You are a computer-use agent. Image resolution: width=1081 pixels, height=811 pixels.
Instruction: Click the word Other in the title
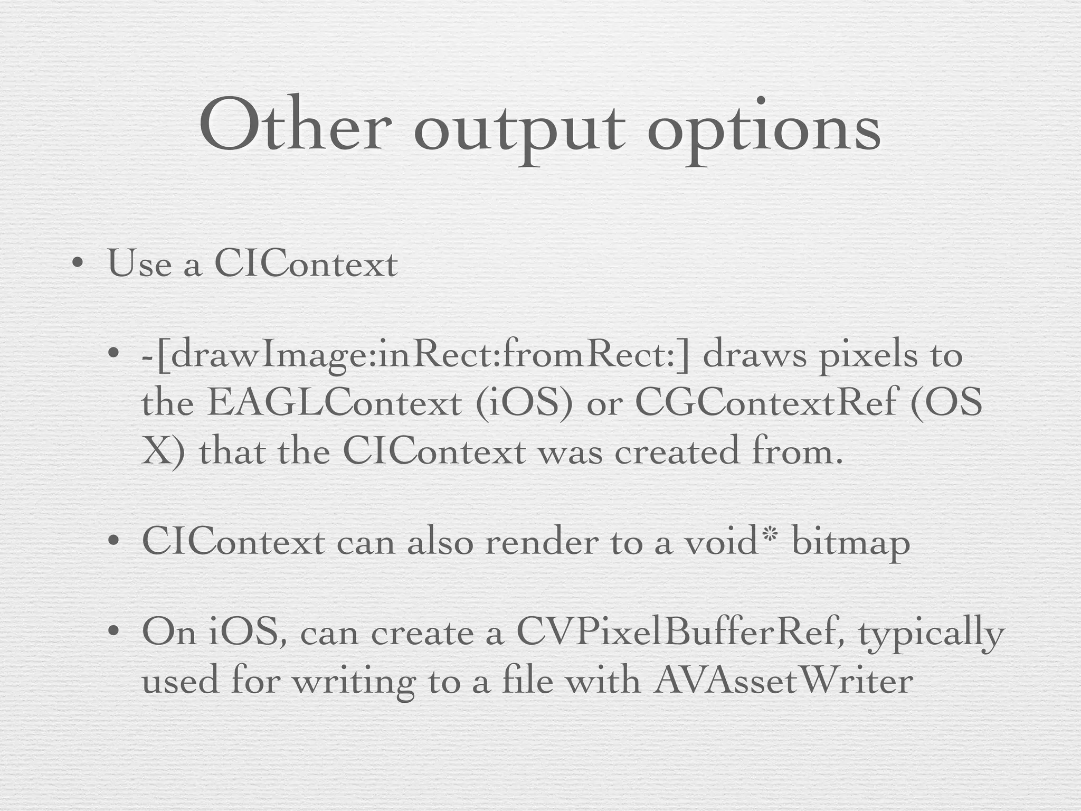296,127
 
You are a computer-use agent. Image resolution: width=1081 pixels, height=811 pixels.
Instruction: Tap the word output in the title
520,132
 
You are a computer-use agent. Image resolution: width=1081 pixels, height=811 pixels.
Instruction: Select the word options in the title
764,132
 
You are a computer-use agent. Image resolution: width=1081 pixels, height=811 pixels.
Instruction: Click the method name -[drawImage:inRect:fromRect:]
415,355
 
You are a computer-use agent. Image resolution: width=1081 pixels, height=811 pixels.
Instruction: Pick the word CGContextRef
766,403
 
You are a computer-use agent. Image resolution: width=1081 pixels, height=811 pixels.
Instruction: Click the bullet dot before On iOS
112,631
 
